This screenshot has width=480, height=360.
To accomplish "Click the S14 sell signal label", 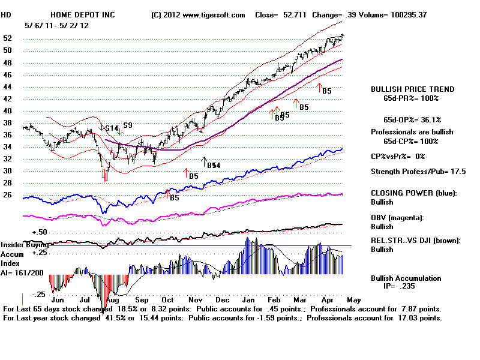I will click(112, 128).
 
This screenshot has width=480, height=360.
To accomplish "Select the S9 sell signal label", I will click(127, 125).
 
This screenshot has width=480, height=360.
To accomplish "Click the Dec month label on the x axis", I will click(223, 299).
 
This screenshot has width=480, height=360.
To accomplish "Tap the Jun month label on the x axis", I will click(58, 299).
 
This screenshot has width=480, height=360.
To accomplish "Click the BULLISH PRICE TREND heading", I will click(412, 89).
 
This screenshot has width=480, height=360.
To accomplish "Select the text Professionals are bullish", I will click(412, 131).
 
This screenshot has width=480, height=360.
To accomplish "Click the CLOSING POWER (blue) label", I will click(413, 193).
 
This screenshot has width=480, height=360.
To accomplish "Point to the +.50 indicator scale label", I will click(40, 232).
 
